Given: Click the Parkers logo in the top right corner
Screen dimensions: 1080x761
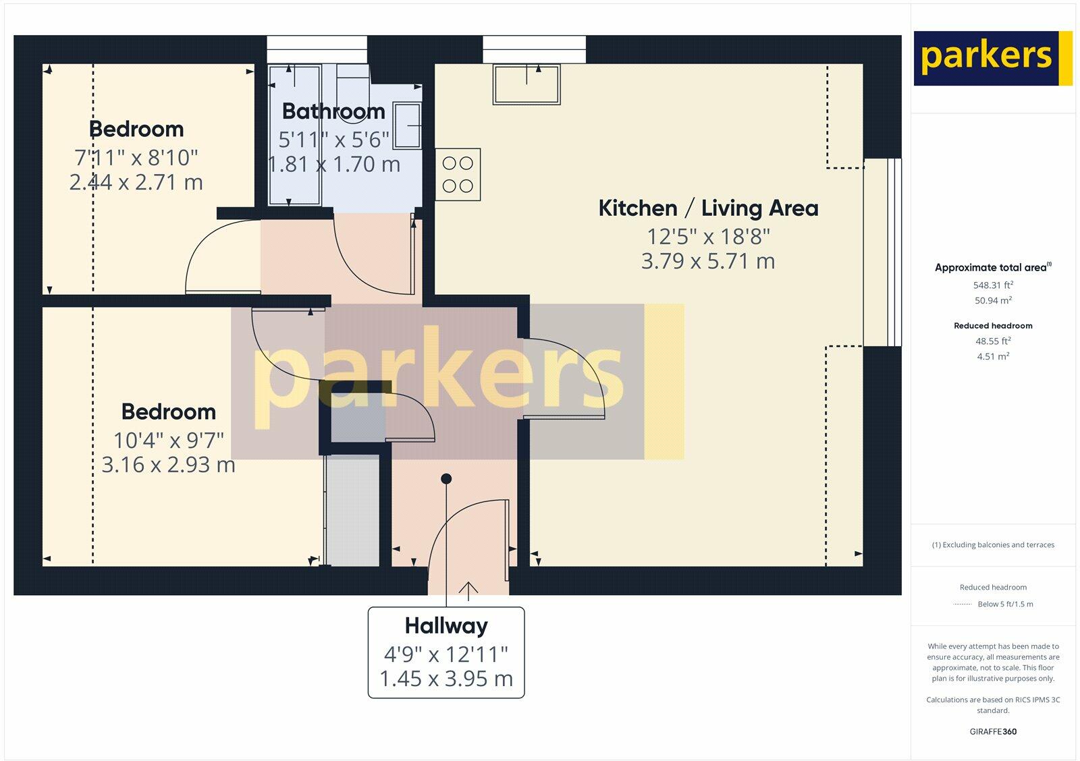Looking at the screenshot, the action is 993,58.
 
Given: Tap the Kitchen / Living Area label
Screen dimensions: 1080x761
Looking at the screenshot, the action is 708,208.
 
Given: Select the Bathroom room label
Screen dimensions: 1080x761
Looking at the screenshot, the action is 333,111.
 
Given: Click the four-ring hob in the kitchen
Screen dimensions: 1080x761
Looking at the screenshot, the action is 458,175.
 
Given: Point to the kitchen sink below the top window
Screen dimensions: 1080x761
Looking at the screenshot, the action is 526,84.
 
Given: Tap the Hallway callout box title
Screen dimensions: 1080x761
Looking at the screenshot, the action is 446,625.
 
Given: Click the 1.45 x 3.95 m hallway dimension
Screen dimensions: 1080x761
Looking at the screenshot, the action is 446,679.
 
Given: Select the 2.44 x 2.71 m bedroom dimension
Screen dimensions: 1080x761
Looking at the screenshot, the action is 136,182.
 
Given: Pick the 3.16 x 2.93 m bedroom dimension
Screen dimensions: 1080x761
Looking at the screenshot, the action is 168,465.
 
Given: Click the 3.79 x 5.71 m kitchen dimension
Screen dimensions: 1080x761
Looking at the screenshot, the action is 708,261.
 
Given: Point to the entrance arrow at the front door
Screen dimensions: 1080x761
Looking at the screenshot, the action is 468,592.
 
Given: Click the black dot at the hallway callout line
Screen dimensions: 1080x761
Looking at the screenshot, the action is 446,478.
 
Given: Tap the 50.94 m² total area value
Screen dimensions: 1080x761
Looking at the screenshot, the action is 993,300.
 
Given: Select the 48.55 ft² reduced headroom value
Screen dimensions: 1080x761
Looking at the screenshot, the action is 993,341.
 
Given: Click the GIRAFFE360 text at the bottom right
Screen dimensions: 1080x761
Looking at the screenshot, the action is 993,731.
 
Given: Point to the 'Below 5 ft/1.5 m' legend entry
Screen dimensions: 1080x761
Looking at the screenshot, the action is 1005,604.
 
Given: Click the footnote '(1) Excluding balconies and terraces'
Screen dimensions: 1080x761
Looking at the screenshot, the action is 993,544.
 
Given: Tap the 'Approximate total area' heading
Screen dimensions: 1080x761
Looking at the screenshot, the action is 993,267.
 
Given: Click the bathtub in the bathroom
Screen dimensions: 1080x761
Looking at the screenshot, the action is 294,135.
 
